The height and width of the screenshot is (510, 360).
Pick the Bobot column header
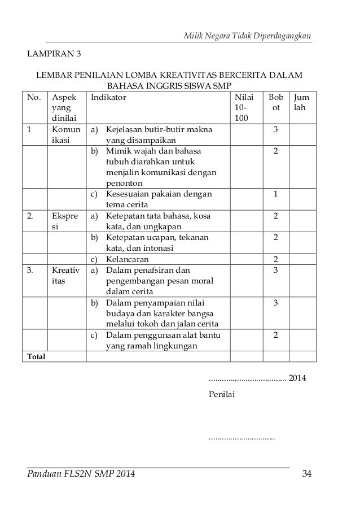275,102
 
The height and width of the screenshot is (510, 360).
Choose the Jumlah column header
302,102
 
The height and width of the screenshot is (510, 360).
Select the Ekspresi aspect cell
65,221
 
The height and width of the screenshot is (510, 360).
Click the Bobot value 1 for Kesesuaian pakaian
275,194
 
